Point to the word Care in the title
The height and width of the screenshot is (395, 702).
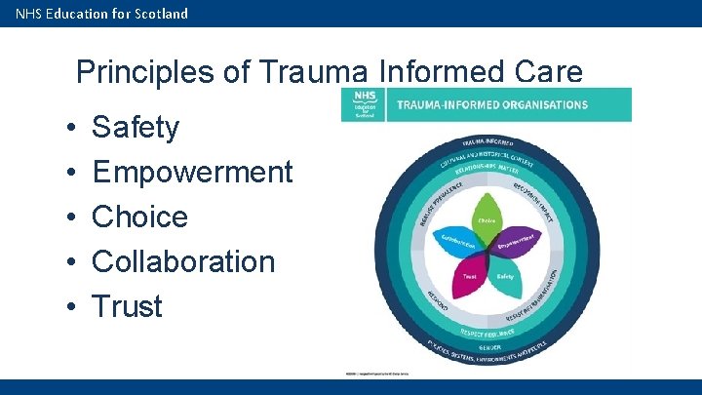[x=548, y=72]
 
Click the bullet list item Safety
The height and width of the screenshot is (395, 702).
[x=136, y=127]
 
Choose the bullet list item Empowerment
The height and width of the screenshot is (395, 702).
[x=192, y=172]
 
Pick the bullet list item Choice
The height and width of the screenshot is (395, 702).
[x=139, y=217]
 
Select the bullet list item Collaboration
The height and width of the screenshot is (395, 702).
[x=183, y=261]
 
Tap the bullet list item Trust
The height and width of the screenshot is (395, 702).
[x=127, y=306]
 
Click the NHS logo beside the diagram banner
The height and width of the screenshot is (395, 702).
[x=363, y=104]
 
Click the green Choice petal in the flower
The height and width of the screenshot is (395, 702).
[x=487, y=217]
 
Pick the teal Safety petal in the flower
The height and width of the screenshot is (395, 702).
[x=503, y=276]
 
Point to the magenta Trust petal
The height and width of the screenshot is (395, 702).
[x=471, y=276]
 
